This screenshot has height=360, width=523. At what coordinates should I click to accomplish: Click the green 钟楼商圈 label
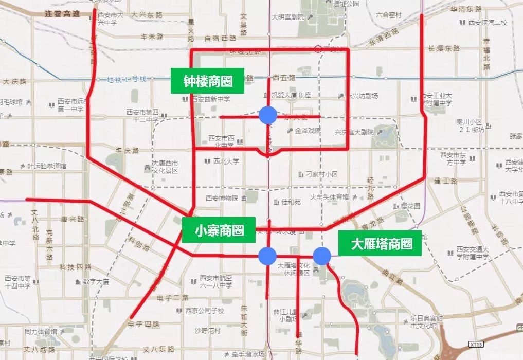[208, 81]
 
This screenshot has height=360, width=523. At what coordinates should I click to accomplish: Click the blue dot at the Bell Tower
[267, 115]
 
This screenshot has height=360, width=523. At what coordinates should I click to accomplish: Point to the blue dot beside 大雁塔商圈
[322, 256]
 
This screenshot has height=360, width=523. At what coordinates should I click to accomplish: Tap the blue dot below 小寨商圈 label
[267, 255]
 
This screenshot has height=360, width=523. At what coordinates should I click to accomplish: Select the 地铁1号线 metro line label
[127, 79]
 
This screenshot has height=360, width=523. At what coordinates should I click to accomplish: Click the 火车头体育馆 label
[329, 197]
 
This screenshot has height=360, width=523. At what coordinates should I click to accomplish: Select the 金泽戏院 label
[308, 131]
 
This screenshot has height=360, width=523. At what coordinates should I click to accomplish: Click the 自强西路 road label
[220, 38]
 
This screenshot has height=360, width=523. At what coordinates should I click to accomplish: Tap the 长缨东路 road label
[447, 48]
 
